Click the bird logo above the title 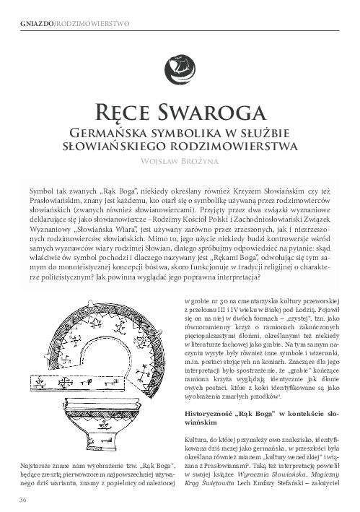(179, 68)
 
